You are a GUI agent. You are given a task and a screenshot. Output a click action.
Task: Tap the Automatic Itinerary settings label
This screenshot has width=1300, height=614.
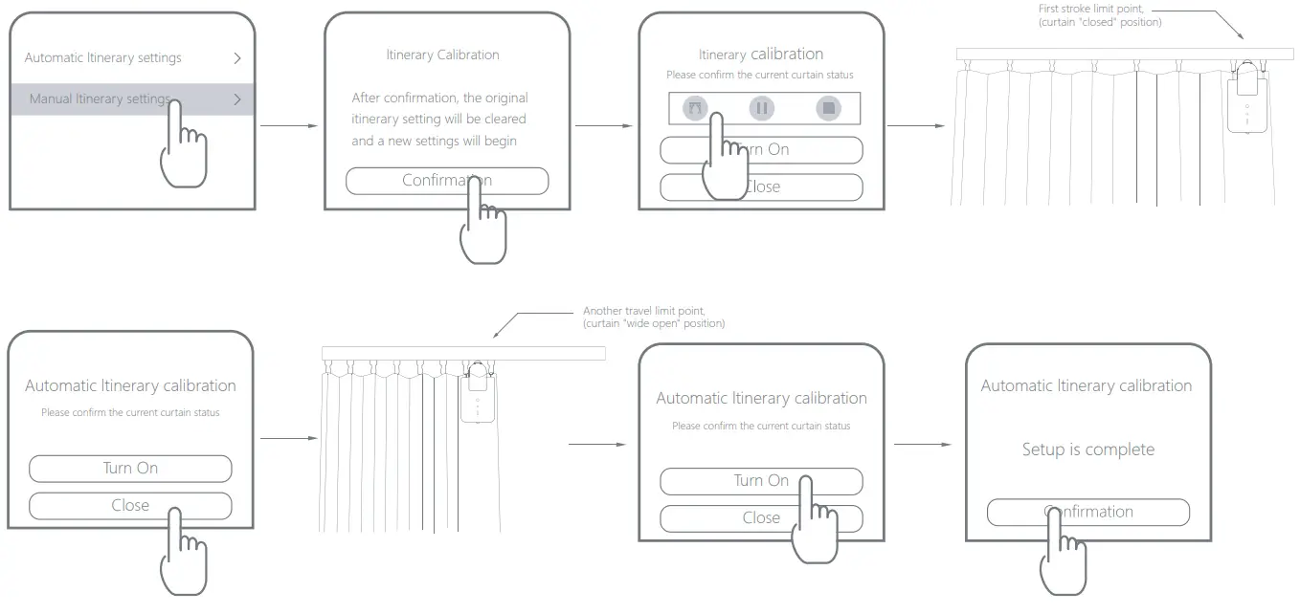pyautogui.click(x=102, y=57)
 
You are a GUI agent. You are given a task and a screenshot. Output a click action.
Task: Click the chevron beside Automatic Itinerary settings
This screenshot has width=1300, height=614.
pyautogui.click(x=237, y=57)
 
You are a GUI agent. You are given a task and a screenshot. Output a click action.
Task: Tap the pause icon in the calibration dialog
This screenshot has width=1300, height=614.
pyautogui.click(x=762, y=109)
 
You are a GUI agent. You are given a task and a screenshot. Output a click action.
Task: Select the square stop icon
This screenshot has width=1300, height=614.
pyautogui.click(x=829, y=109)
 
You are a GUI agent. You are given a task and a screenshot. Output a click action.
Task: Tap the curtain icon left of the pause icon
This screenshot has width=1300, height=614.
pyautogui.click(x=696, y=109)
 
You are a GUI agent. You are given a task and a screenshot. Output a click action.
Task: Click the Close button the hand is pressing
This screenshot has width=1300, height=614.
pyautogui.click(x=130, y=505)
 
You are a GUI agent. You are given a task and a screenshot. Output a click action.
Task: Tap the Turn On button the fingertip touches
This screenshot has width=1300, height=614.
pyautogui.click(x=761, y=480)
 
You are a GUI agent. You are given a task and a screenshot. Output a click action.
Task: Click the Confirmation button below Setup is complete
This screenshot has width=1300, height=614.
pyautogui.click(x=1087, y=512)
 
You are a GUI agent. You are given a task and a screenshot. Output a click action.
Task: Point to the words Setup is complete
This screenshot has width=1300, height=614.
pyautogui.click(x=1087, y=450)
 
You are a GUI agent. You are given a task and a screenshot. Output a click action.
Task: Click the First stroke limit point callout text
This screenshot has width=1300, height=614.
pyautogui.click(x=1101, y=15)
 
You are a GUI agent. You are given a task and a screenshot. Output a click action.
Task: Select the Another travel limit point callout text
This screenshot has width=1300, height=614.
pyautogui.click(x=654, y=318)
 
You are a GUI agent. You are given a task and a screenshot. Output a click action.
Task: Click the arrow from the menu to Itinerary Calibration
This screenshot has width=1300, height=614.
pyautogui.click(x=289, y=125)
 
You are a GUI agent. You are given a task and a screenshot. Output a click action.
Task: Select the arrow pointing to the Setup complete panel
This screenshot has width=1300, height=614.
pyautogui.click(x=923, y=445)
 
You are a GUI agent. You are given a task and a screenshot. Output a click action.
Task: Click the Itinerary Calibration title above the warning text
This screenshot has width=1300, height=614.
pyautogui.click(x=442, y=55)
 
